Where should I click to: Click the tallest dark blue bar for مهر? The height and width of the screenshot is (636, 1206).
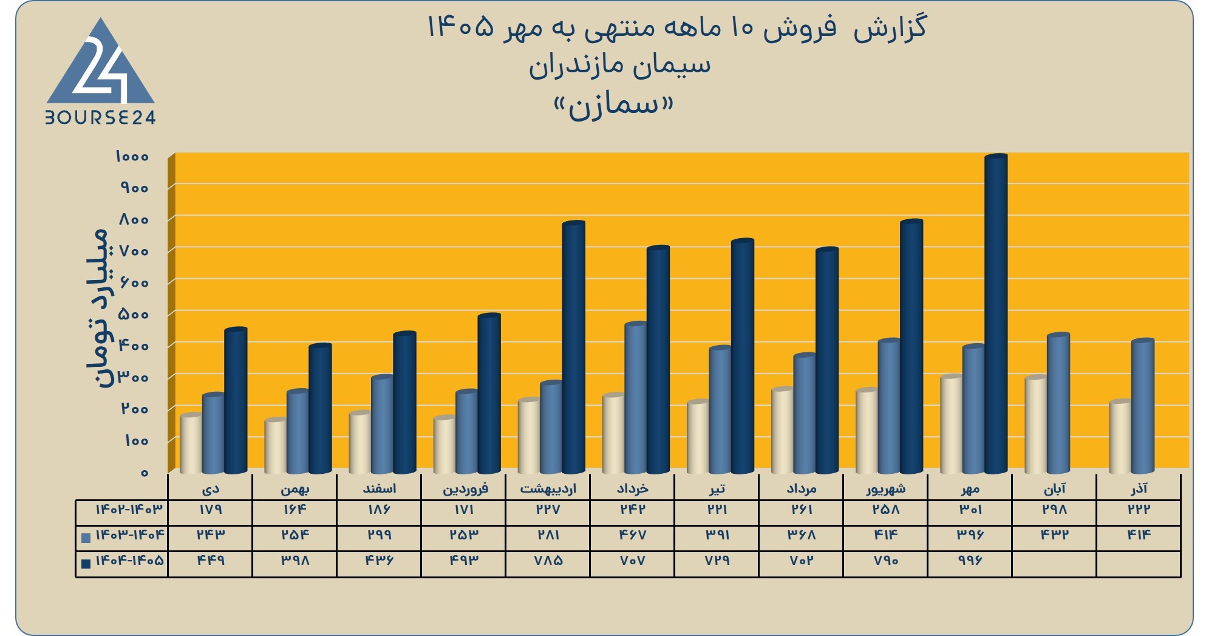click(x=996, y=314)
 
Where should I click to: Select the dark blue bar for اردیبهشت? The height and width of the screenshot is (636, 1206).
click(x=573, y=347)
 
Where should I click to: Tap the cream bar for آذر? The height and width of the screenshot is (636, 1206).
click(x=1120, y=437)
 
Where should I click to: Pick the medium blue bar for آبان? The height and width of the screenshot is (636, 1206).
click(x=1058, y=403)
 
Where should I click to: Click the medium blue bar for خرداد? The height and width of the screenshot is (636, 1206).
click(x=636, y=398)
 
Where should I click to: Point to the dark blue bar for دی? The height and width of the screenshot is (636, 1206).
click(x=236, y=401)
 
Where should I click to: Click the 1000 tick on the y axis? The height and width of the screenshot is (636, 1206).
click(x=132, y=157)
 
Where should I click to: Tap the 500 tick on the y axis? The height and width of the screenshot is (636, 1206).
click(x=134, y=314)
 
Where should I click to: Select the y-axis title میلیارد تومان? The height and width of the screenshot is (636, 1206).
click(x=98, y=308)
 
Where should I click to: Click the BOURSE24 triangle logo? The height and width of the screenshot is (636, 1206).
click(x=101, y=70)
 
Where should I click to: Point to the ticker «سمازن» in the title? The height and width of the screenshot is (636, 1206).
click(x=613, y=106)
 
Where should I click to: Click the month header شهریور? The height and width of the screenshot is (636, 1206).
click(x=886, y=488)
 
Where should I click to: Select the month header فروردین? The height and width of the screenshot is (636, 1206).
click(x=465, y=488)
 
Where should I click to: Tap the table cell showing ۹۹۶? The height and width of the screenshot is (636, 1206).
click(x=970, y=560)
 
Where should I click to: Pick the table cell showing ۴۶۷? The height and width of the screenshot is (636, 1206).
click(x=632, y=535)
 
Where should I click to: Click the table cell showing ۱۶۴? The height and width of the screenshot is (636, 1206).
click(x=295, y=509)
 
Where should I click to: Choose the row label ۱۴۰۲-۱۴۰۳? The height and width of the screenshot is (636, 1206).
click(x=129, y=509)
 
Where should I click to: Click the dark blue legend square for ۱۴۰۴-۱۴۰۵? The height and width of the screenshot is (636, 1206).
click(x=86, y=563)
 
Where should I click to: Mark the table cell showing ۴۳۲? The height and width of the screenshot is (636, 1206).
click(x=1054, y=535)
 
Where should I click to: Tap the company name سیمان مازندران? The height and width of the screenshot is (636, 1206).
click(x=619, y=66)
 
